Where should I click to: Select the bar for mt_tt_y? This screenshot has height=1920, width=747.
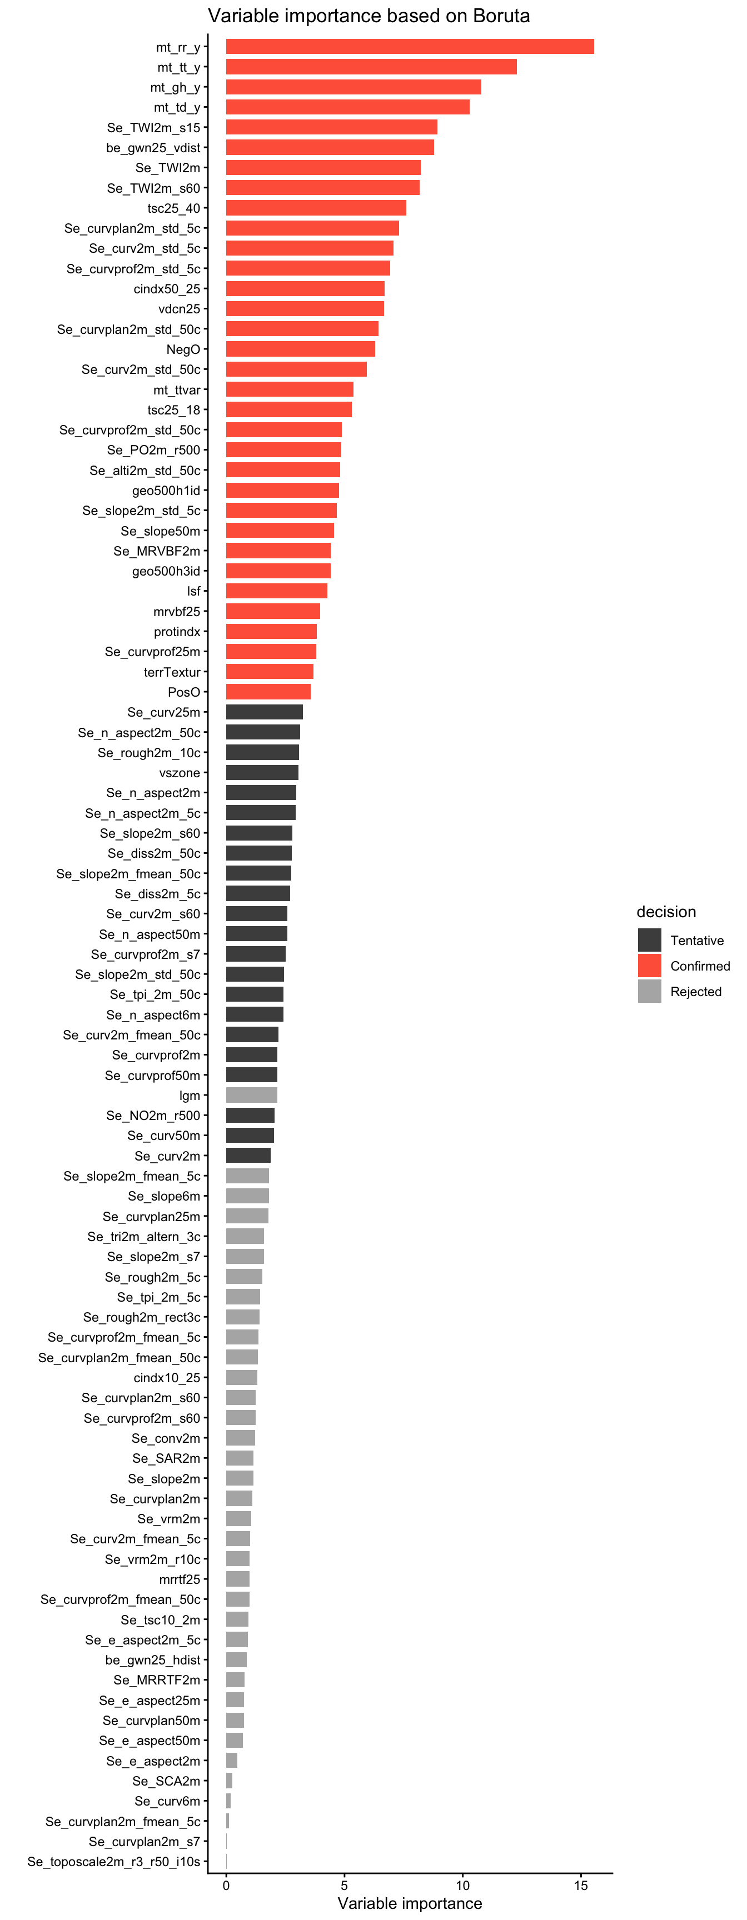tap(371, 67)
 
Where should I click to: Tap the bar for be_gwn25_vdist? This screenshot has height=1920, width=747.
tap(330, 148)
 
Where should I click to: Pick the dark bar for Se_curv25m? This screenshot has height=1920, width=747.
tap(264, 712)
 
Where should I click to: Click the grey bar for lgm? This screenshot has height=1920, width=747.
tap(251, 1095)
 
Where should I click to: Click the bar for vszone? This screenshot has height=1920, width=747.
tap(262, 773)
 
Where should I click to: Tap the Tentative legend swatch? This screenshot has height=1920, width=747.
tap(649, 940)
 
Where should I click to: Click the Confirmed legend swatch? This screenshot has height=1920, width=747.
tap(649, 965)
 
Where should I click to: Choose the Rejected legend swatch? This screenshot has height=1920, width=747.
tap(649, 991)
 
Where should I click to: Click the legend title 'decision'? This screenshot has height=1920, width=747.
tap(666, 912)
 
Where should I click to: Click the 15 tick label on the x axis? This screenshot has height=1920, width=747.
tap(581, 1885)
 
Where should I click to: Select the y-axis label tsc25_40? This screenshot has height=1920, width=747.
tap(174, 208)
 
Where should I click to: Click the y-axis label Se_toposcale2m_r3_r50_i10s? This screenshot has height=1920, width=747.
tap(113, 1861)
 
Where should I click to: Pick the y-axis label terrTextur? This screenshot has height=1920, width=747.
tap(172, 672)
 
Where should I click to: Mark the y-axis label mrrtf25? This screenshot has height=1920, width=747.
tap(179, 1579)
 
